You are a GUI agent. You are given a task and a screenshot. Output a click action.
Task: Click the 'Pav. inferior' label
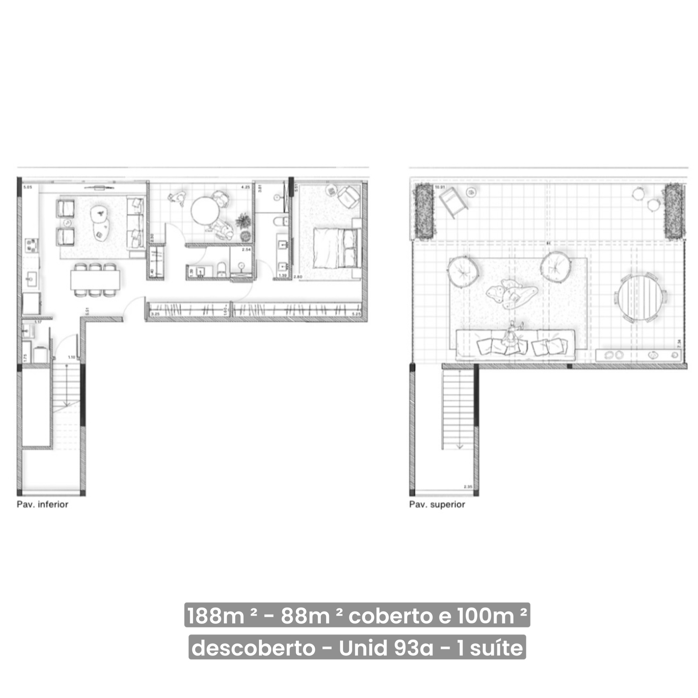click(42, 504)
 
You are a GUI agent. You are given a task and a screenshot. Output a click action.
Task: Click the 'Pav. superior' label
click(437, 504)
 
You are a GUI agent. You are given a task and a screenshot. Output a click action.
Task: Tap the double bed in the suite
click(336, 248)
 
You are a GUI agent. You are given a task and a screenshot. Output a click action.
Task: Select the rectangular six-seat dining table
click(95, 280)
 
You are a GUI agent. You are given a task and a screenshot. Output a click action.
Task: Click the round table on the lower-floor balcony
click(205, 211)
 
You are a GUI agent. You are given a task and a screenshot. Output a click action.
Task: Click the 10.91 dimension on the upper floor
click(440, 187)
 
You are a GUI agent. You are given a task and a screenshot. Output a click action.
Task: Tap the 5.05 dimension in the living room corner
click(28, 187)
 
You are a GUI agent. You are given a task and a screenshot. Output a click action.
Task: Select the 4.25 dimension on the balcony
click(245, 187)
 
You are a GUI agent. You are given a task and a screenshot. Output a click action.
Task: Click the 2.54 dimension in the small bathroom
click(246, 249)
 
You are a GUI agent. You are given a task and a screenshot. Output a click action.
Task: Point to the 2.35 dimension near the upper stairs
click(468, 487)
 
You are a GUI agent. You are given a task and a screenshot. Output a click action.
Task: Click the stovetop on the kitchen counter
click(31, 245)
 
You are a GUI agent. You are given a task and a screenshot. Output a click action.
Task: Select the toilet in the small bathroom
click(221, 269)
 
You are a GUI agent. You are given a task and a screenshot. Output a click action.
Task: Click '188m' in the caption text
click(216, 616)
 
